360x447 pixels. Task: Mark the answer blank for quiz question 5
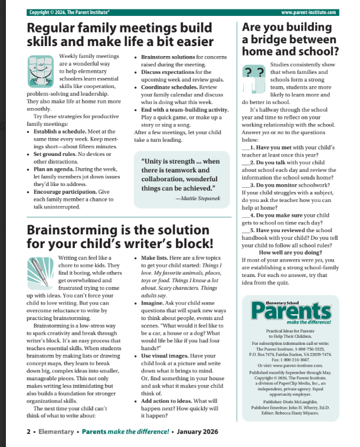(x=246, y=230)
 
